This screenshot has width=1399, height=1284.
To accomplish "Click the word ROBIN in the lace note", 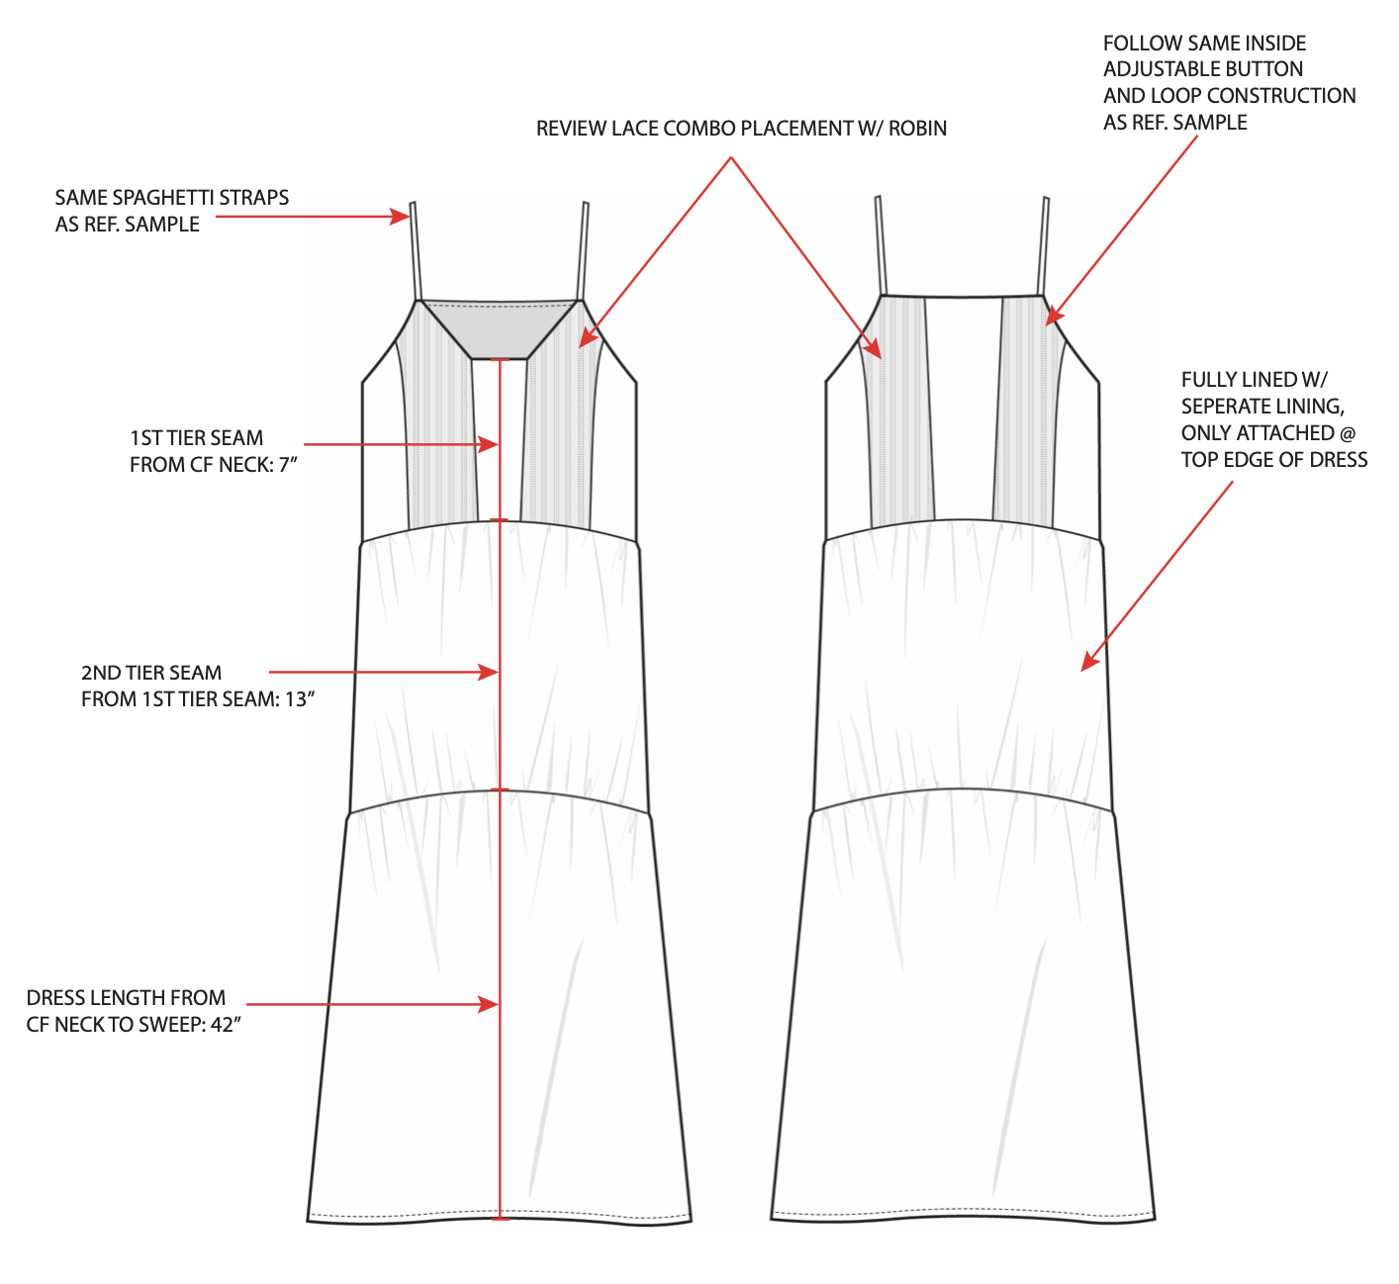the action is (x=917, y=129).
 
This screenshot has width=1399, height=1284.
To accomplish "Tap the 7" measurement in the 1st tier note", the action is (x=288, y=465).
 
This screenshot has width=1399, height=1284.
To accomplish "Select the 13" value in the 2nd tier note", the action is (x=300, y=699).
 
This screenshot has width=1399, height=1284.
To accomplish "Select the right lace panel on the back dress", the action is (x=1026, y=415).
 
